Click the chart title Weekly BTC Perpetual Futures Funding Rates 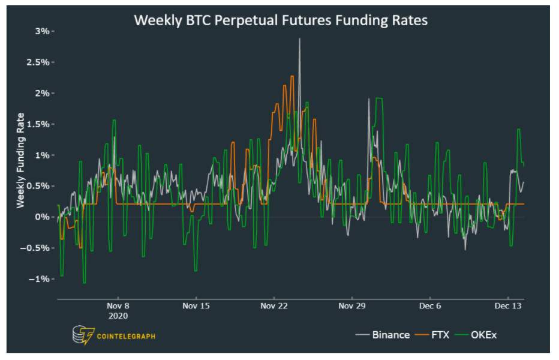[x=280, y=20]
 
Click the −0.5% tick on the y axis [x=38, y=248]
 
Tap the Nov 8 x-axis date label [x=118, y=305]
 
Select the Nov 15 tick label [x=196, y=305]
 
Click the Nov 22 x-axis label [x=274, y=305]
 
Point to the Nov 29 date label [x=352, y=305]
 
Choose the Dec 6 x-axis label [x=430, y=305]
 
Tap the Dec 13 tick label [x=508, y=305]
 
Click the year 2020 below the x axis [x=118, y=315]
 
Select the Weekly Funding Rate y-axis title [x=20, y=161]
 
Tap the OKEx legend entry [x=483, y=335]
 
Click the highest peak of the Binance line [x=299, y=39]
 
